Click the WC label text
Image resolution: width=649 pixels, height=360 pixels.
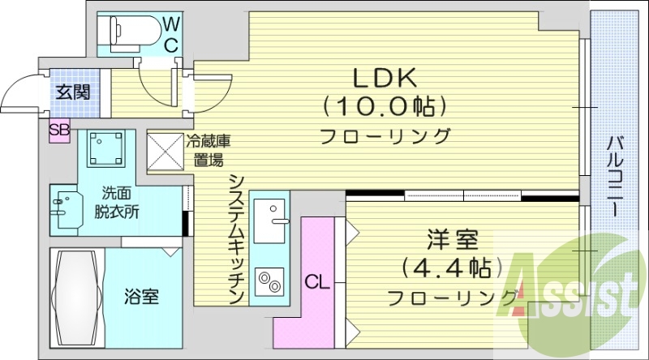click(x=171, y=34)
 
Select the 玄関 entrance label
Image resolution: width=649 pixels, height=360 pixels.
click(x=73, y=92)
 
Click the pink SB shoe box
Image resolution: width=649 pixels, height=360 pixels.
click(x=59, y=130)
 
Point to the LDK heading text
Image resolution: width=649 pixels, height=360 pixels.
click(x=384, y=79)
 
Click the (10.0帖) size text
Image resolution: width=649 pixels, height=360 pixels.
click(x=385, y=106)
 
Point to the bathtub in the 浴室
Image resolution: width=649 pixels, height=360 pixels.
click(x=76, y=297)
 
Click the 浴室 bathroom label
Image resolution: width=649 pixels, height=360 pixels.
click(x=141, y=296)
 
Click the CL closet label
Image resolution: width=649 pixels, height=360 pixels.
click(x=316, y=282)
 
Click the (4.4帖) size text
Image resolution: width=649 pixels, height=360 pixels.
click(x=451, y=268)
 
